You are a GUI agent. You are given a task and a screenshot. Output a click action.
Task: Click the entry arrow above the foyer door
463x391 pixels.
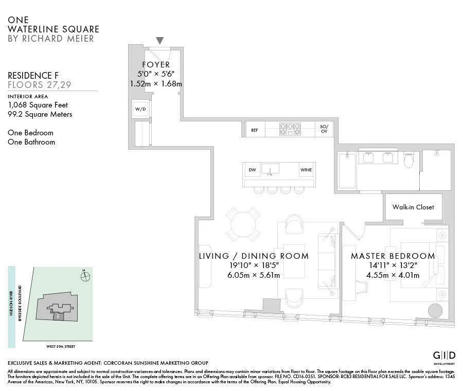(x=160, y=41)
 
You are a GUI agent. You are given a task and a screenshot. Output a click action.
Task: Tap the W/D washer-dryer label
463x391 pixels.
(x=140, y=109)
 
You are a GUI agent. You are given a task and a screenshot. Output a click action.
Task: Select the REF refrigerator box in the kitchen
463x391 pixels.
(x=254, y=130)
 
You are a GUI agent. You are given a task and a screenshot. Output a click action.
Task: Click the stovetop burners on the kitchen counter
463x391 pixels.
(x=290, y=129)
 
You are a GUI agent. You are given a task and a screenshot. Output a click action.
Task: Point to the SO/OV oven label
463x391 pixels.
(x=324, y=129)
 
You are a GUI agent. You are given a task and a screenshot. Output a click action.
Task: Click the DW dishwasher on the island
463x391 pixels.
(x=252, y=170)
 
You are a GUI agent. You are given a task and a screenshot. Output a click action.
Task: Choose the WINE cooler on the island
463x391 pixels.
(x=306, y=170)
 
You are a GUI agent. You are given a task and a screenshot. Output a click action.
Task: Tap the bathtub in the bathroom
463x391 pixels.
(x=347, y=170)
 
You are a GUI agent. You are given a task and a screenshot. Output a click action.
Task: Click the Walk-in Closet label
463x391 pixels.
(x=413, y=207)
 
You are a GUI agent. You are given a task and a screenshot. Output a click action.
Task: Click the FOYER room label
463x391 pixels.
(x=156, y=65)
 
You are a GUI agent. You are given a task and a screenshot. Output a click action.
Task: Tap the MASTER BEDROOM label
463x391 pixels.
(x=393, y=256)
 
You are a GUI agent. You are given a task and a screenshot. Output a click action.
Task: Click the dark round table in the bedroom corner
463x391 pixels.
(x=435, y=311)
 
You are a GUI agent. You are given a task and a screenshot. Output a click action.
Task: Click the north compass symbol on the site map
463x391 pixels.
(x=85, y=276)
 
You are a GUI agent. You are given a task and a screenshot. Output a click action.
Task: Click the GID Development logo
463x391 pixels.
(x=443, y=357)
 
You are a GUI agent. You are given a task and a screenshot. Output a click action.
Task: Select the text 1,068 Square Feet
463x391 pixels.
(x=38, y=105)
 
